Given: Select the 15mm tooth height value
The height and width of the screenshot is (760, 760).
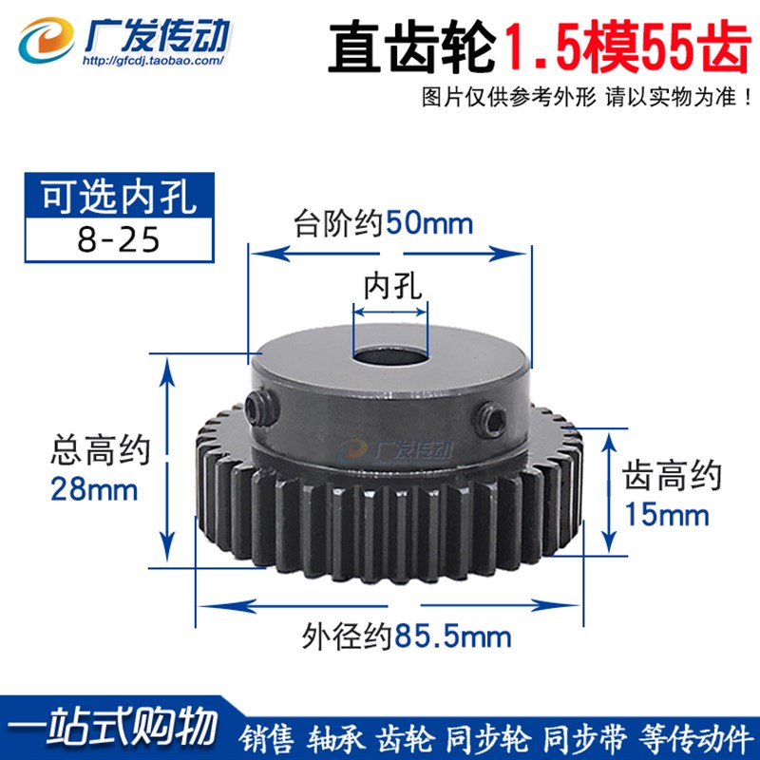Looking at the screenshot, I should [666, 515].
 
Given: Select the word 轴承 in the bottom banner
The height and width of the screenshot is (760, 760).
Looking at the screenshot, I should [338, 736].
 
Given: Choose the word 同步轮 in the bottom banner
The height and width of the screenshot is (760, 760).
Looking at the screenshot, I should [493, 736].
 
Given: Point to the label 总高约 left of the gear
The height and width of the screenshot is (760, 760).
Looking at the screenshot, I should [98, 453].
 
